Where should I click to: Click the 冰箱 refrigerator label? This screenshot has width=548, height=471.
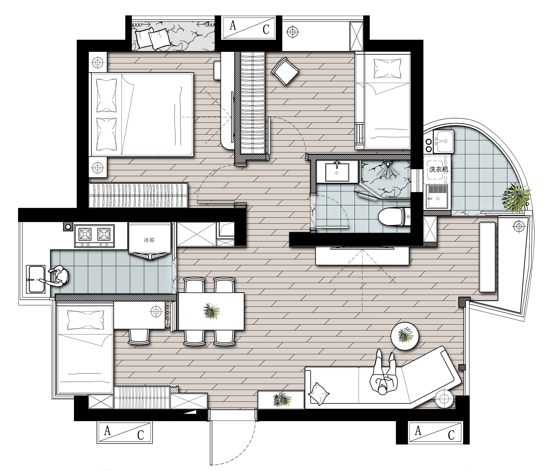point(149,240)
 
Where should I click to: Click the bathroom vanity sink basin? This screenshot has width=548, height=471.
point(337,172)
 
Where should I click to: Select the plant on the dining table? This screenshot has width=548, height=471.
point(211,311)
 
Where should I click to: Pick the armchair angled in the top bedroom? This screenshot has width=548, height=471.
point(285,71)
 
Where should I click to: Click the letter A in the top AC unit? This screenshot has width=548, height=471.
point(233,26)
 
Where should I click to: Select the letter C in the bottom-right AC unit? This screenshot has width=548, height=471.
point(451,435)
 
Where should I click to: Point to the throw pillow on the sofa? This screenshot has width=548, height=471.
point(319,393)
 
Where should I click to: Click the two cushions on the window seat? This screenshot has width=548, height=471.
point(153,39)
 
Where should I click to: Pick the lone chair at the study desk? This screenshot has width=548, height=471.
point(139,337)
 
